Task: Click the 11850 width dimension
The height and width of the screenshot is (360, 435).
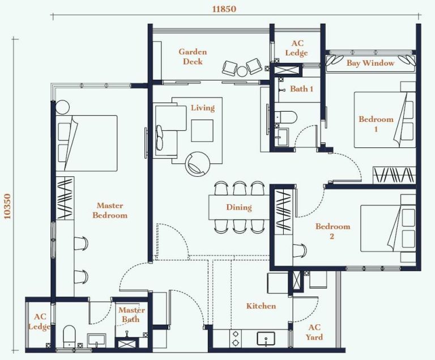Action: (x=224, y=9)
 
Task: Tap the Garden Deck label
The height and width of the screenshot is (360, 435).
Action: (x=193, y=57)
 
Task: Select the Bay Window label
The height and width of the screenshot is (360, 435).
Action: (x=370, y=63)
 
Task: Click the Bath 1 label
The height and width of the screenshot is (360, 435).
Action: (x=301, y=88)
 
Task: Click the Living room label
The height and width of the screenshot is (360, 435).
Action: (x=202, y=108)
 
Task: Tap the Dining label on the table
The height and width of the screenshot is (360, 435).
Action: (x=238, y=207)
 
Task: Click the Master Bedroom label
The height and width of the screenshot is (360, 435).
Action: (x=110, y=210)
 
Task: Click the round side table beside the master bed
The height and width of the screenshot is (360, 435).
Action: (x=61, y=106)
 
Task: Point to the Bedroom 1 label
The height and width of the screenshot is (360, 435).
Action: (x=376, y=124)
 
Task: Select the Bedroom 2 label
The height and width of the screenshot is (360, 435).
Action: (x=332, y=231)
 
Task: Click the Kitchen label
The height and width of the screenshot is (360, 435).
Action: (x=261, y=306)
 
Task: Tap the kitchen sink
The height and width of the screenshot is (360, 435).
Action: (x=266, y=338)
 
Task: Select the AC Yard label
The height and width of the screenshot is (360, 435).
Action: (x=314, y=332)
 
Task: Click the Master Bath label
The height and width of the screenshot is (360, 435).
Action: (x=131, y=315)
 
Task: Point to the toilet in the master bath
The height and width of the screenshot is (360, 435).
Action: (x=69, y=336)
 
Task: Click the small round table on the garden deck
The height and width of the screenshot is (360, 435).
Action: (x=242, y=70)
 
